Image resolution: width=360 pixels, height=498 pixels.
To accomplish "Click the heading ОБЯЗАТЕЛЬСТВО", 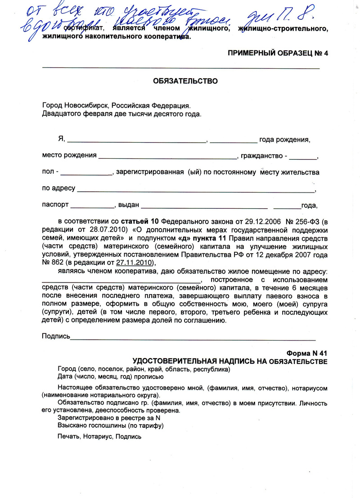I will (x=185, y=81).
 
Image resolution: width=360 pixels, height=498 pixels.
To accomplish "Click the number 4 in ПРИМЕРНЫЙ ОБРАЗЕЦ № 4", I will (x=326, y=53).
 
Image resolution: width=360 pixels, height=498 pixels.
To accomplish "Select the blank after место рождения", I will (x=167, y=158).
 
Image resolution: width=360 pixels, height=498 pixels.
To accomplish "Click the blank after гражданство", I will (x=303, y=158).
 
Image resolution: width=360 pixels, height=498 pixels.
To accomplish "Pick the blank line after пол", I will (x=86, y=175).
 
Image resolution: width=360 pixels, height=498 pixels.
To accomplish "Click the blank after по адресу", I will (x=196, y=191).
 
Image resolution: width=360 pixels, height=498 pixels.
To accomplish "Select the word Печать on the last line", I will (x=68, y=436).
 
